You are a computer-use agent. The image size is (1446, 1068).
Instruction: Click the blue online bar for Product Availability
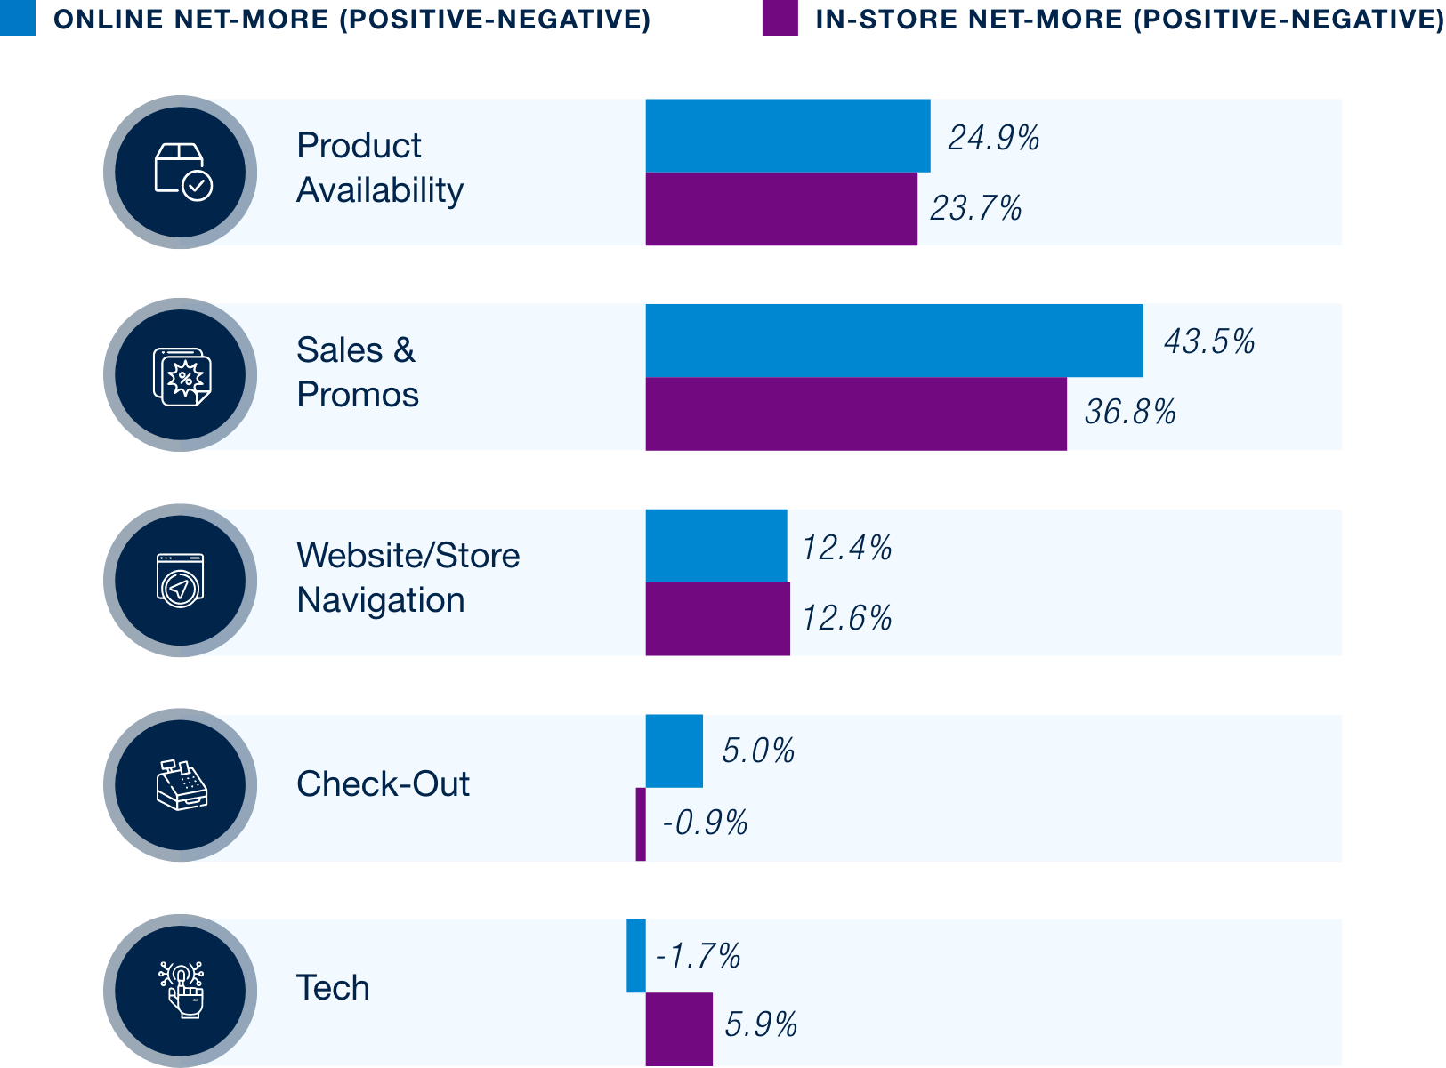788,135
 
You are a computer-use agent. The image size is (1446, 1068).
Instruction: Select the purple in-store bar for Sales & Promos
855,414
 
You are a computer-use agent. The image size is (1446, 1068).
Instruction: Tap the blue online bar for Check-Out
674,751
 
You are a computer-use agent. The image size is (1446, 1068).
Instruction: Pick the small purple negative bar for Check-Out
641,823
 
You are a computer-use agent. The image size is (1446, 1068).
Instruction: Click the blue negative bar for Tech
635,956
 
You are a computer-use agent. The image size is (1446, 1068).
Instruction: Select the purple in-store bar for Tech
678,1028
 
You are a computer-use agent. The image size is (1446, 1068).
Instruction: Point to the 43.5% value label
1209,341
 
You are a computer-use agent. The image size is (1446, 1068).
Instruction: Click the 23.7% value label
976,209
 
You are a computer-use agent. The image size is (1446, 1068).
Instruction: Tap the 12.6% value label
847,618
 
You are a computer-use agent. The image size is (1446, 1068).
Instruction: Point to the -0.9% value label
705,823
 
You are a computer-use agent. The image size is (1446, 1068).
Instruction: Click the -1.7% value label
699,957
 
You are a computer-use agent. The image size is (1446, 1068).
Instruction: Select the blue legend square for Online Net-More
18,18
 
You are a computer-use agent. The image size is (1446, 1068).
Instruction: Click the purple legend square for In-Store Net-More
780,18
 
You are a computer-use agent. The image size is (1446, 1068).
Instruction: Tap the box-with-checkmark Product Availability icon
182,172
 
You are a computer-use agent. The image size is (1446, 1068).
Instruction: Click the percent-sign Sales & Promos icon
182,376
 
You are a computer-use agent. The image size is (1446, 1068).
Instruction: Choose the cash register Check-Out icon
182,784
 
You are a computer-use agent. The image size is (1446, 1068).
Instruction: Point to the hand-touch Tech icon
182,989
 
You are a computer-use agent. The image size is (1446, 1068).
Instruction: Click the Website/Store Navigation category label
408,578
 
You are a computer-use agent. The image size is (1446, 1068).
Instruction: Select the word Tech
333,988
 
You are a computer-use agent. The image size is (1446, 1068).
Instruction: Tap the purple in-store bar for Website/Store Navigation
717,619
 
